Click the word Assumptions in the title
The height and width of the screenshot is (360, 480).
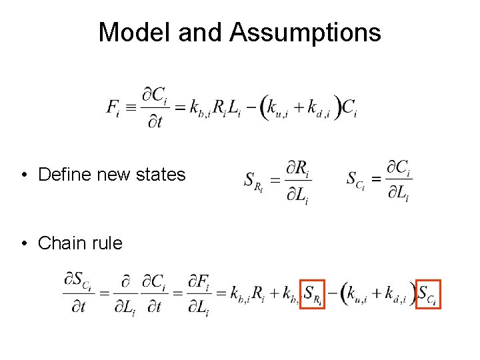pyautogui.click(x=305, y=32)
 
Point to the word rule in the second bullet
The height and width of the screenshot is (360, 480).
pyautogui.click(x=105, y=243)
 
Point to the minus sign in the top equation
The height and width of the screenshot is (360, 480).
pyautogui.click(x=251, y=107)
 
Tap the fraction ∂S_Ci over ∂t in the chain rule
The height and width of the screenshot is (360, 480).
pyautogui.click(x=77, y=293)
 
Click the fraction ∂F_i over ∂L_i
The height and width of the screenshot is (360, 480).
pyautogui.click(x=199, y=293)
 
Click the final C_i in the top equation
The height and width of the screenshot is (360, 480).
pyautogui.click(x=349, y=107)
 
